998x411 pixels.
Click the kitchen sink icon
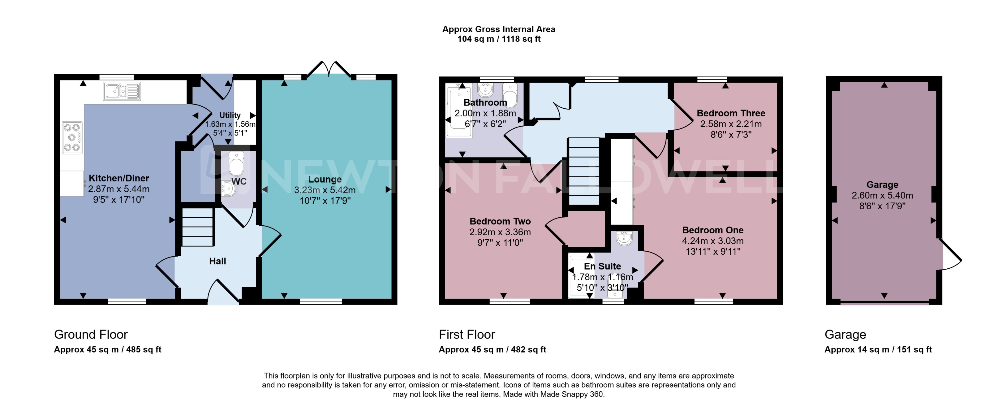click(x=122, y=92)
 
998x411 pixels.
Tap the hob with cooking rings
click(x=72, y=137)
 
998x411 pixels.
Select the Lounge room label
click(x=325, y=179)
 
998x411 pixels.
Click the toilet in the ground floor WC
click(x=236, y=164)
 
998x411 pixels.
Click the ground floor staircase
click(x=198, y=227)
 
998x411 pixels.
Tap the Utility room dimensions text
click(x=230, y=124)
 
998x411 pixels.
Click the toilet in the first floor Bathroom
click(x=510, y=95)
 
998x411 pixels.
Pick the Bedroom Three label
click(x=731, y=113)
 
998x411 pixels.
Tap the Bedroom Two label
click(x=500, y=221)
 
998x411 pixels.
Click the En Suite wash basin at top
click(x=624, y=238)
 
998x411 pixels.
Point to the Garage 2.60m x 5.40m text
click(x=882, y=196)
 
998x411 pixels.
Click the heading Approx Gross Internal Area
click(x=499, y=29)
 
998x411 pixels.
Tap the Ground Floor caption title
click(x=91, y=334)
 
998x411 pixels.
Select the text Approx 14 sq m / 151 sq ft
click(x=878, y=349)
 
